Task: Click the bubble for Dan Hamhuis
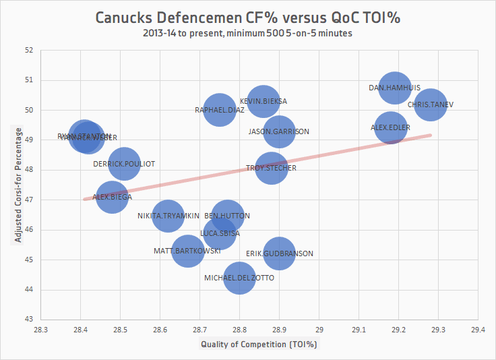395,87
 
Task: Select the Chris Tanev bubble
431,104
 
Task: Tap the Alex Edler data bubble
391,127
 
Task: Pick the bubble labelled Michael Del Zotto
239,278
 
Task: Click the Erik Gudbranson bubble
279,253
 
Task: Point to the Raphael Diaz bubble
219,109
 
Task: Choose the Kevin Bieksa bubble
263,101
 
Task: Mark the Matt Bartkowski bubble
187,251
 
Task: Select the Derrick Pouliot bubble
124,163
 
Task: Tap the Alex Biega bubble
112,197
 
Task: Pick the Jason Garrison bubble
278,131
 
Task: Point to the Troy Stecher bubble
271,168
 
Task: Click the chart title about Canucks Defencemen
248,18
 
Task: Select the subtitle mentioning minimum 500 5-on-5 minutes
248,32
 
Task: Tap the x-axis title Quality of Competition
259,344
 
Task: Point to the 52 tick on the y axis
28,50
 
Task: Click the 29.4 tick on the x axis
478,330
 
